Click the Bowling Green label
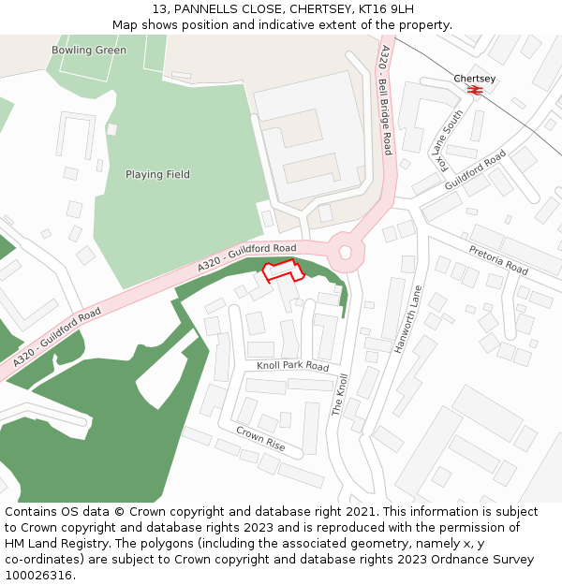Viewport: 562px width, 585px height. coord(89,50)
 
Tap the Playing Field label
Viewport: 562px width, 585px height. coord(157,174)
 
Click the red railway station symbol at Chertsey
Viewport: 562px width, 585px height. coord(475,91)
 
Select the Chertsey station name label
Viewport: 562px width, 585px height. coord(475,79)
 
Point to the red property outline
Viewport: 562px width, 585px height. coord(283,271)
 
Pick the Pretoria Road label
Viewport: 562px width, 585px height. coord(497,260)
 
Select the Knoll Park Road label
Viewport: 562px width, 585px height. coord(293,366)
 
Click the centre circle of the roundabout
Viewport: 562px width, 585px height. coord(346,251)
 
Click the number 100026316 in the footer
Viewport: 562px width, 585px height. coord(38,576)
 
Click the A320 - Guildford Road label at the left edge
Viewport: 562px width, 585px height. coord(57,338)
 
